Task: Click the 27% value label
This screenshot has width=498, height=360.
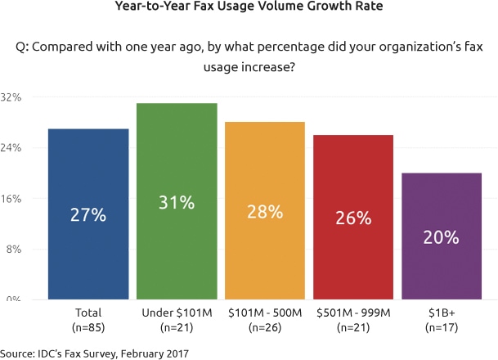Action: [88, 216]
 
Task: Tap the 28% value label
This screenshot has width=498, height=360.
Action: [265, 211]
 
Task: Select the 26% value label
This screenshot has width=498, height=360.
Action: [353, 218]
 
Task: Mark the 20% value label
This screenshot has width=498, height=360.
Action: [442, 237]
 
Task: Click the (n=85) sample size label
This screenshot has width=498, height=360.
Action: [88, 326]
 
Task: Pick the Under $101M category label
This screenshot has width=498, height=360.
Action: [177, 313]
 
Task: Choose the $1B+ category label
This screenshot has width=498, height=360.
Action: [442, 313]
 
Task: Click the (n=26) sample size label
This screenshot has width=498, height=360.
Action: [265, 326]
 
